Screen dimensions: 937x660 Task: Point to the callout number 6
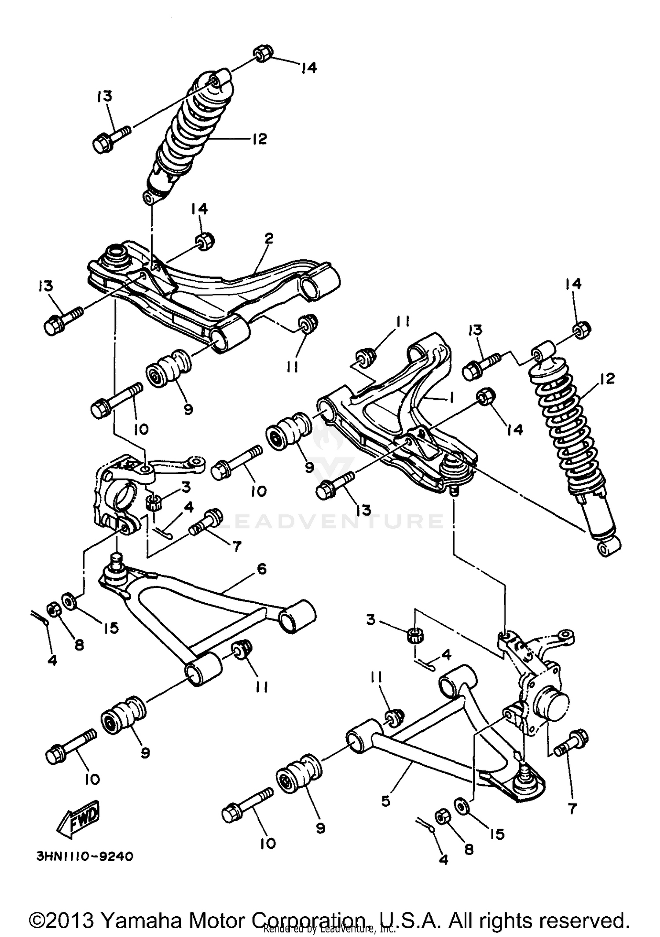[x=261, y=569]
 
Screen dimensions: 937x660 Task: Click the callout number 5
[x=385, y=801]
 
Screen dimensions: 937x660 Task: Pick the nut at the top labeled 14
[x=263, y=54]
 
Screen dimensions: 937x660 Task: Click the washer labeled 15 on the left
[x=70, y=601]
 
